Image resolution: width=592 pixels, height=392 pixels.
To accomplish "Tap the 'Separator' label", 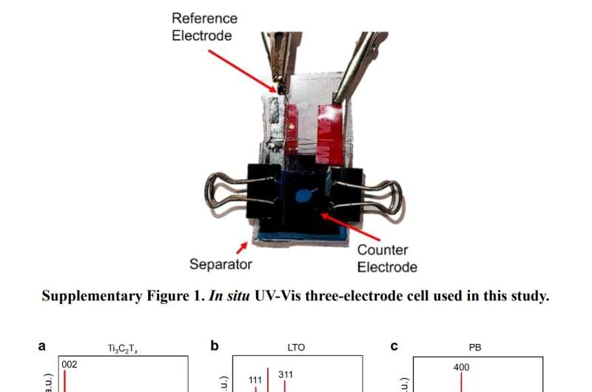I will click(221, 263).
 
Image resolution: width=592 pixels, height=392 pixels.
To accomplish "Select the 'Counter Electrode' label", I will click(386, 259).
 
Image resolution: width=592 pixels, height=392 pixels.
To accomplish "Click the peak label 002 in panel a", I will click(69, 364).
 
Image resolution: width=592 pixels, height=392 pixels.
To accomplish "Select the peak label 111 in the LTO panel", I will click(255, 380).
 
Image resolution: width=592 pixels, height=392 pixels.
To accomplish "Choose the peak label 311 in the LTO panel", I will click(286, 374).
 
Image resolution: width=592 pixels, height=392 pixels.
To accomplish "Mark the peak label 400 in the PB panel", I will click(461, 366).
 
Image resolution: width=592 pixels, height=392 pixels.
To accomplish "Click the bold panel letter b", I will click(215, 345).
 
